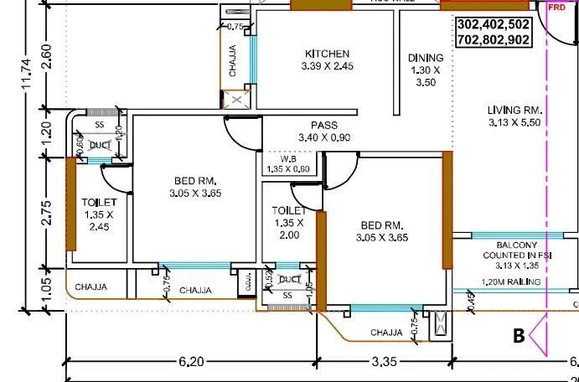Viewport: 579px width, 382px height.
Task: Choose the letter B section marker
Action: [x=520, y=336]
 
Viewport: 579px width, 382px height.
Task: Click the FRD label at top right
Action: [x=556, y=6]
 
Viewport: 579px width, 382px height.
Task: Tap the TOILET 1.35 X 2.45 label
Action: [x=99, y=214]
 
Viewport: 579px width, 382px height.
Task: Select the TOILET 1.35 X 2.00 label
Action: [x=288, y=223]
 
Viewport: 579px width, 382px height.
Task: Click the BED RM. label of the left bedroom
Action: [x=195, y=187]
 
